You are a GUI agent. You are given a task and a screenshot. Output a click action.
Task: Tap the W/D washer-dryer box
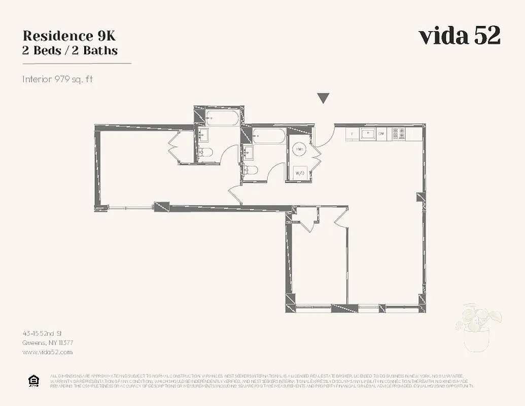click(x=300, y=173)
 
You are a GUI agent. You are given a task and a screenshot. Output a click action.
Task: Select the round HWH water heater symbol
click(x=300, y=150)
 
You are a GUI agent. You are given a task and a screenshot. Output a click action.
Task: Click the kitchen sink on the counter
click(x=367, y=133)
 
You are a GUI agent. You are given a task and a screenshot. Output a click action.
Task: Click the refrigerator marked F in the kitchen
click(x=353, y=134)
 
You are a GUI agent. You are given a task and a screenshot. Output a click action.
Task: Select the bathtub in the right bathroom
click(x=269, y=136)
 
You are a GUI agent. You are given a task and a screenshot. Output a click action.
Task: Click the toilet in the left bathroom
click(x=204, y=152)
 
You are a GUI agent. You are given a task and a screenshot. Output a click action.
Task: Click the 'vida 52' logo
click(x=459, y=36)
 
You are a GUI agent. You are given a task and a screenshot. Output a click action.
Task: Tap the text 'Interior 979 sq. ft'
click(x=58, y=79)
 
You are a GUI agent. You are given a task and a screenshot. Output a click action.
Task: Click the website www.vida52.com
click(x=48, y=352)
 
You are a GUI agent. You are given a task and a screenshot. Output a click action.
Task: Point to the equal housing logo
click(x=33, y=381)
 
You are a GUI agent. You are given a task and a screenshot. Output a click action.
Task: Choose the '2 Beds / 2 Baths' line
click(x=70, y=51)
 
